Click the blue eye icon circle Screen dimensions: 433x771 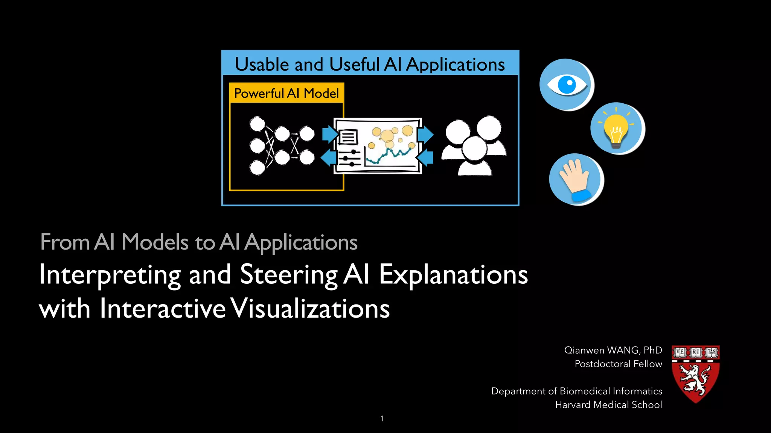566,84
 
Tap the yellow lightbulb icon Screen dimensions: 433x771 617,129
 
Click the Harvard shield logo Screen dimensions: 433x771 696,374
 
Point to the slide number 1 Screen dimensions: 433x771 382,418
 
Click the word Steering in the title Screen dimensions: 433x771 289,275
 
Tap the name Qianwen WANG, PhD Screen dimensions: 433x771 613,350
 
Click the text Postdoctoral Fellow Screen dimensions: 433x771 618,364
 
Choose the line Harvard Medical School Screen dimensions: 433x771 608,405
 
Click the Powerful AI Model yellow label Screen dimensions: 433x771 286,93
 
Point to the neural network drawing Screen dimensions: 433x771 282,145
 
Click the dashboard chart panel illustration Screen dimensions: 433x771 378,146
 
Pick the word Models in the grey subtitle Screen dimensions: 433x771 155,242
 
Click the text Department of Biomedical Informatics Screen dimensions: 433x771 576,391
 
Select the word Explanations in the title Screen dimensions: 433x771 453,275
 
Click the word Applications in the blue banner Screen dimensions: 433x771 456,65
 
